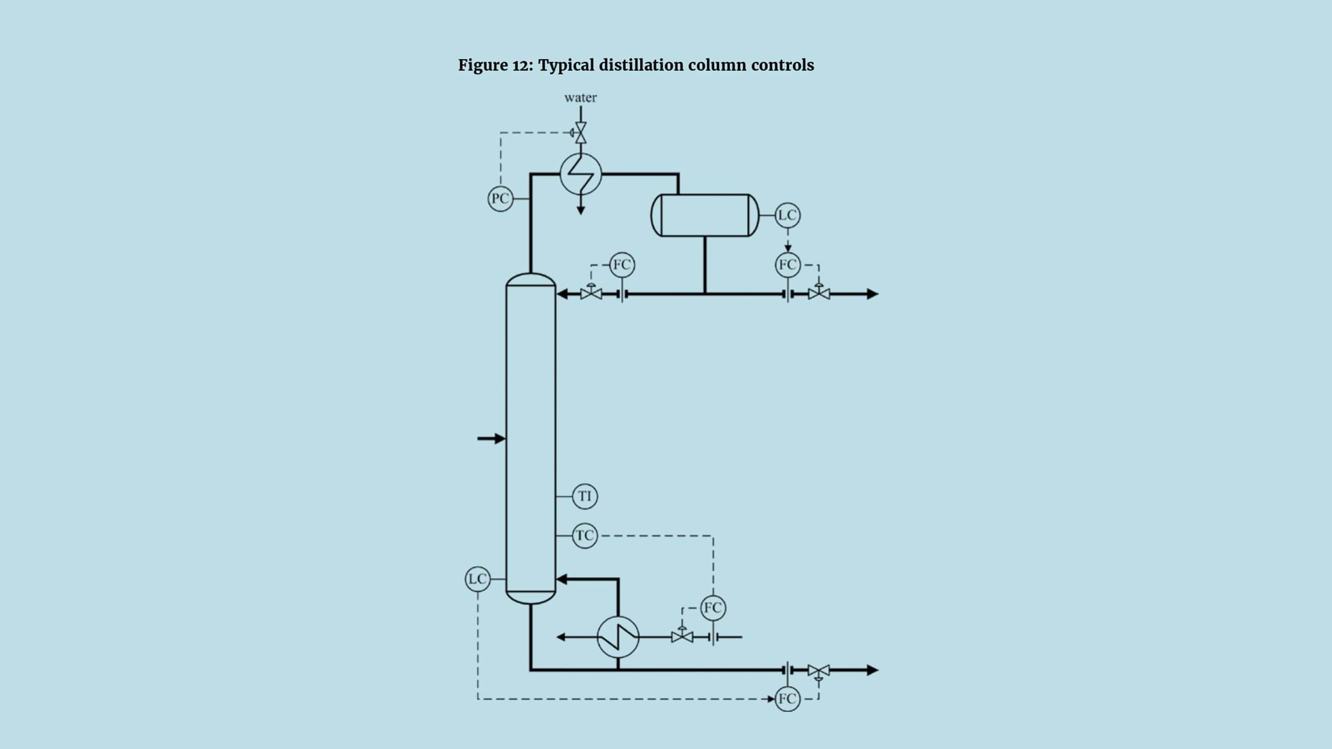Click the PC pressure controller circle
point(500,198)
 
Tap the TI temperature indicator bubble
point(584,496)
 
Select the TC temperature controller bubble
point(584,536)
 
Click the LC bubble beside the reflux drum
point(787,215)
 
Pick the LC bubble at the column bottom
point(477,579)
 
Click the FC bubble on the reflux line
point(622,264)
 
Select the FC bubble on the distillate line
point(788,264)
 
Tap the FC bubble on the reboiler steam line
point(713,608)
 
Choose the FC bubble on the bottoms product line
point(787,699)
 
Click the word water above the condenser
point(580,98)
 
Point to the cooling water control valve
point(580,133)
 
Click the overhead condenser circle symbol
point(580,174)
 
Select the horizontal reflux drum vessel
point(705,215)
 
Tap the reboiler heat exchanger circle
point(618,637)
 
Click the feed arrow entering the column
point(491,438)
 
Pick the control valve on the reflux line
point(591,294)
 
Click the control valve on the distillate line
point(819,294)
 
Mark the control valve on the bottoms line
point(818,671)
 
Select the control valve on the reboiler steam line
point(682,637)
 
